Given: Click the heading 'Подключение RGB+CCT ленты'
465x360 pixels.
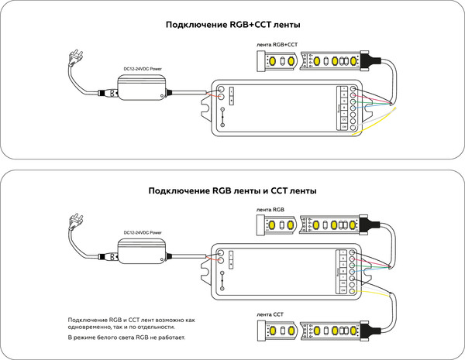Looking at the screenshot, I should pos(232,24).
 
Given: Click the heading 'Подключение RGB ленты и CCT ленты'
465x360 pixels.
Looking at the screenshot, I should pos(232,190).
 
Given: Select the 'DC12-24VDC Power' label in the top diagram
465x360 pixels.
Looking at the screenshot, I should pos(143,68).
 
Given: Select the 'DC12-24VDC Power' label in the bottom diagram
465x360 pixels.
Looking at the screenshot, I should pos(143,232).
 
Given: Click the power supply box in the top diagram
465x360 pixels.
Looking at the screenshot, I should pos(143,87).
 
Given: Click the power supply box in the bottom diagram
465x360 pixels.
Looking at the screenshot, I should pos(143,252).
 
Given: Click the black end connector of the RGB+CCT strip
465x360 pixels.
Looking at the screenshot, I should pos(369,60).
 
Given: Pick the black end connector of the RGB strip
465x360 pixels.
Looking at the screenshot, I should pos(369,225).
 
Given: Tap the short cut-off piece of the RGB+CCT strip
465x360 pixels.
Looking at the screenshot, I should pos(280,61).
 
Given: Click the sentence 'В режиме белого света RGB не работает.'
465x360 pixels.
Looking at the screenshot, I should pos(127,338).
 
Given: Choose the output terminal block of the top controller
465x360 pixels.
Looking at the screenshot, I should pos(344,109).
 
